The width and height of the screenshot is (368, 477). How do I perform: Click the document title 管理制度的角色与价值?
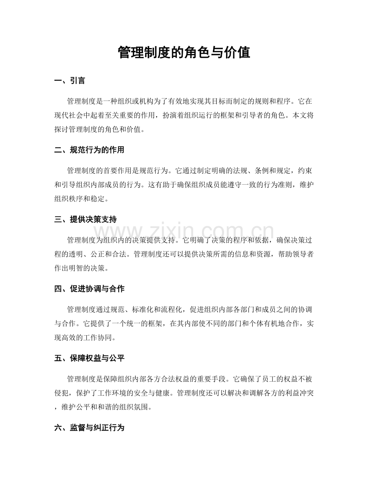point(184,52)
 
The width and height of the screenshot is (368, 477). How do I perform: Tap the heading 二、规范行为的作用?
point(89,150)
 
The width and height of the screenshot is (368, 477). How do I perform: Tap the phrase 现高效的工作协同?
point(85,337)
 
